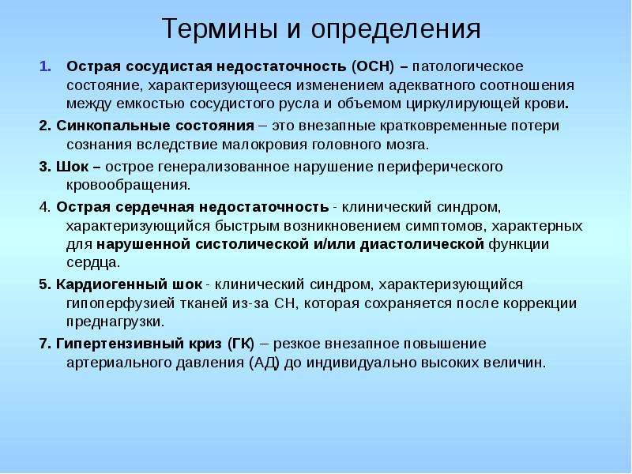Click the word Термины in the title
click(220, 28)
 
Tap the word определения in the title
click(396, 30)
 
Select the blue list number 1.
click(45, 66)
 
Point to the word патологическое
click(468, 66)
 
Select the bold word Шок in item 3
click(72, 167)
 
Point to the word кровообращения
click(127, 185)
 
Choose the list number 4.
click(45, 207)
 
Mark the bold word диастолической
click(422, 244)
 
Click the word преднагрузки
click(115, 322)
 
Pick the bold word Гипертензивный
click(119, 344)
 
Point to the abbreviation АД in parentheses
click(265, 363)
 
